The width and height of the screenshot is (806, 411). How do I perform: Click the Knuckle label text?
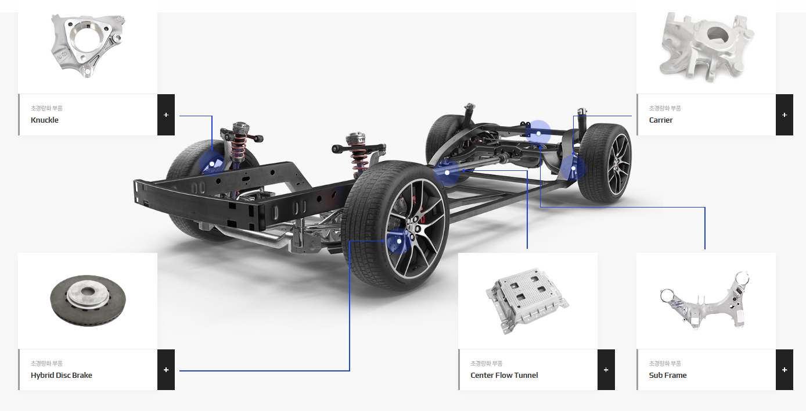coord(45,120)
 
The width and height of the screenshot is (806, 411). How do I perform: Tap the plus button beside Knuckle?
coord(166,115)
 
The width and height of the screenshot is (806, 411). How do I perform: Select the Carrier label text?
coord(661,120)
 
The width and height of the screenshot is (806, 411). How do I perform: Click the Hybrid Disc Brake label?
coord(61,375)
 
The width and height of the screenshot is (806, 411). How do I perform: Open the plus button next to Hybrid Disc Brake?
coord(166,370)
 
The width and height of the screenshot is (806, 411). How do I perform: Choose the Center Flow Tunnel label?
coord(504,375)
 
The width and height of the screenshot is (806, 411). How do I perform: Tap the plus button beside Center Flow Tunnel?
coord(606,370)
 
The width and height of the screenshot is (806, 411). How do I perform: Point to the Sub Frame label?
coord(667,375)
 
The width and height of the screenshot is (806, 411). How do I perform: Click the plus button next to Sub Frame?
coord(785,370)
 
